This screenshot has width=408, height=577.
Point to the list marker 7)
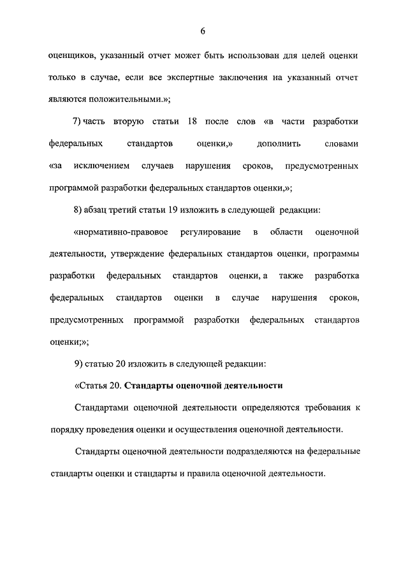(79, 122)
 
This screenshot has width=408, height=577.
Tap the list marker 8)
(79, 210)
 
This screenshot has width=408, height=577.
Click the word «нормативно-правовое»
(117, 232)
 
